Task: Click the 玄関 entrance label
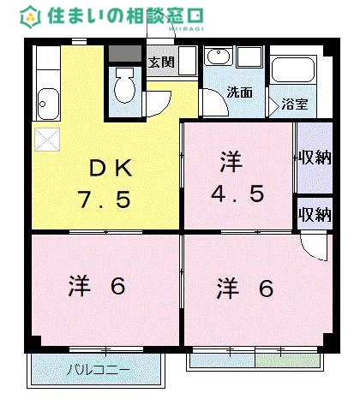(161, 62)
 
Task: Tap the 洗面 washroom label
(239, 92)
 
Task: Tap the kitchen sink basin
(47, 105)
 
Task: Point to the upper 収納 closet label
(315, 158)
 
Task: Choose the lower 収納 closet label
(315, 214)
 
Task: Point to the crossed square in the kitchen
(46, 138)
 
